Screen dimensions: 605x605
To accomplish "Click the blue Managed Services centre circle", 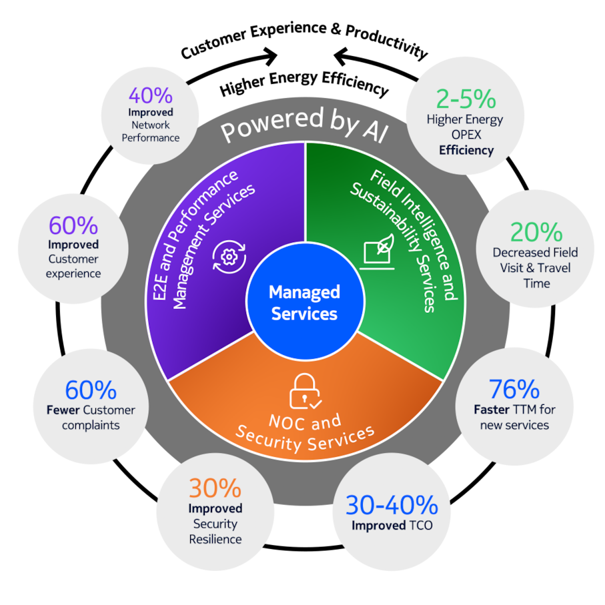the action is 305,301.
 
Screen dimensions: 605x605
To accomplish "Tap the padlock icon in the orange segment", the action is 305,392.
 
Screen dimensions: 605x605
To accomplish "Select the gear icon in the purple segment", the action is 229,257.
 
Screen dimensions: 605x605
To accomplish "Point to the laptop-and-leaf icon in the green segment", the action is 378,251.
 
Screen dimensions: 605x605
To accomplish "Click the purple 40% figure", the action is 151,95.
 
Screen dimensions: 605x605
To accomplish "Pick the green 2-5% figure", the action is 466,99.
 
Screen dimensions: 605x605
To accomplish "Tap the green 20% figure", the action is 536,232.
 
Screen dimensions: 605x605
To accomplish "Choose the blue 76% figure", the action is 514,389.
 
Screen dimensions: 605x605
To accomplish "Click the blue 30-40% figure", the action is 392,505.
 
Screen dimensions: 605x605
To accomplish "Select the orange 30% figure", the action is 215,488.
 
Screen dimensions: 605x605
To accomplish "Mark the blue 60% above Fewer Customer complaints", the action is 91,390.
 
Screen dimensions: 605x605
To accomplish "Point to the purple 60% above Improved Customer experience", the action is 73,225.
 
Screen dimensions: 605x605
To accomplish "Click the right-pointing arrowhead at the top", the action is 270,56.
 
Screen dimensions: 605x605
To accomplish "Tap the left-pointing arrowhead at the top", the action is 341,56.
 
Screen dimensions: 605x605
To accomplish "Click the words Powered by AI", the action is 305,124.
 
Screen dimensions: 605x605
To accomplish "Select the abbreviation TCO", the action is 422,526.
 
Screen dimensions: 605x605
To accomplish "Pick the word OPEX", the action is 466,135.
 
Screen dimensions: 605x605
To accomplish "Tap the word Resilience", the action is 215,539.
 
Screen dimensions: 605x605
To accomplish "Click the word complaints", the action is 91,425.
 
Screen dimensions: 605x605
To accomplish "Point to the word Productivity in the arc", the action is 387,41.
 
